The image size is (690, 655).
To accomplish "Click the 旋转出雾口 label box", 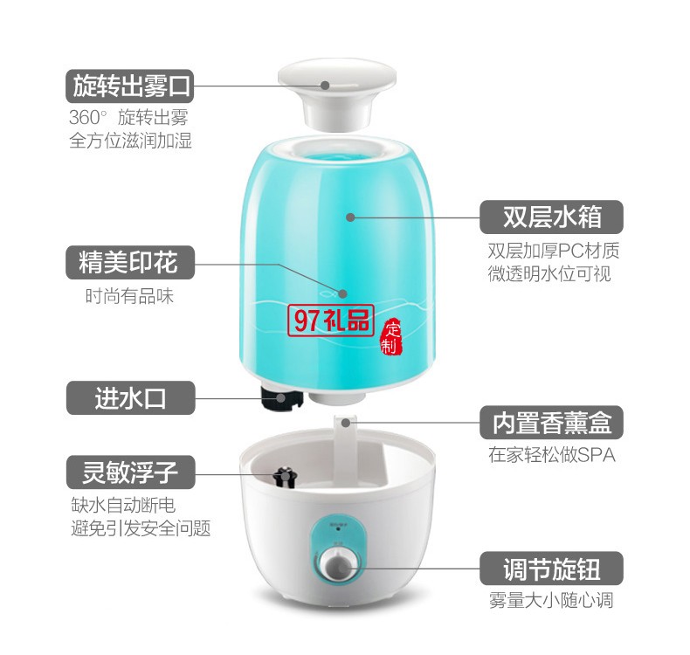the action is [130, 86].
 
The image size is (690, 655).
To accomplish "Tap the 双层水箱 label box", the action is [551, 217].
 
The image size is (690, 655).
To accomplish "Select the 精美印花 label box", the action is [130, 262].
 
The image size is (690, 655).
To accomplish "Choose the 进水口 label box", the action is [130, 397].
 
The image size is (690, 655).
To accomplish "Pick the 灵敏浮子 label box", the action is [130, 472].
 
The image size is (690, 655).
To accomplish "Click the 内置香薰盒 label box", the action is [551, 423].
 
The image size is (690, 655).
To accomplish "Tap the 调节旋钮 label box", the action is [551, 568].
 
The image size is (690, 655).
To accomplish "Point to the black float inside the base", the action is [284, 478].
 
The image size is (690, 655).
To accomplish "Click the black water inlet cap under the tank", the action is [280, 398].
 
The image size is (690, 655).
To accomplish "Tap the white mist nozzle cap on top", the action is [336, 94].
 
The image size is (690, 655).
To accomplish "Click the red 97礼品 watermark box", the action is [331, 321].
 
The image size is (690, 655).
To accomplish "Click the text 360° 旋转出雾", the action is [128, 117].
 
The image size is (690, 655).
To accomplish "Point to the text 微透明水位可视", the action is [549, 273].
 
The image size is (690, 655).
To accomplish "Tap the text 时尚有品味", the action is [130, 296].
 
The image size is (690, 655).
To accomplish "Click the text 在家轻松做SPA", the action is [551, 455].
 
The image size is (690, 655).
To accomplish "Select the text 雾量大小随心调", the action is [551, 600].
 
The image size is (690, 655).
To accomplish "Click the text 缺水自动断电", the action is [123, 505].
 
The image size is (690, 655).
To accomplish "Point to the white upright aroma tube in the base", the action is [345, 445].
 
